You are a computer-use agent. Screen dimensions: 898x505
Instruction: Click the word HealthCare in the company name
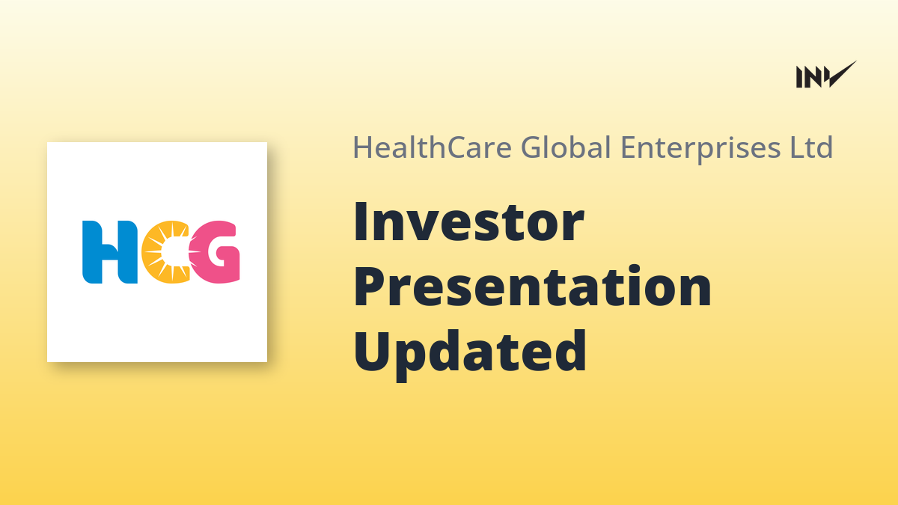433,147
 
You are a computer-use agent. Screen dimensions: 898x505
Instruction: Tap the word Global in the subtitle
566,147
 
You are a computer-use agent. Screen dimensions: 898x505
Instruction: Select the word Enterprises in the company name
700,149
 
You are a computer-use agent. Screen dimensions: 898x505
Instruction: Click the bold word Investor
468,221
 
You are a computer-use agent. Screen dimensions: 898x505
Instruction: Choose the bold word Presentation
533,286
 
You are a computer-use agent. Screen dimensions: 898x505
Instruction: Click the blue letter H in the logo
110,252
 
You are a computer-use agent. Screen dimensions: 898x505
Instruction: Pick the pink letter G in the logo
215,252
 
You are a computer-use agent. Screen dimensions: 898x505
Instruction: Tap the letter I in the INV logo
799,77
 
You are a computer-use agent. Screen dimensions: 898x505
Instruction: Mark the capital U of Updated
372,351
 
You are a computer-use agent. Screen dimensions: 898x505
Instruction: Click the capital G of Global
532,147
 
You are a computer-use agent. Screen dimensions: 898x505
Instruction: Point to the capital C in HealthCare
458,147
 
